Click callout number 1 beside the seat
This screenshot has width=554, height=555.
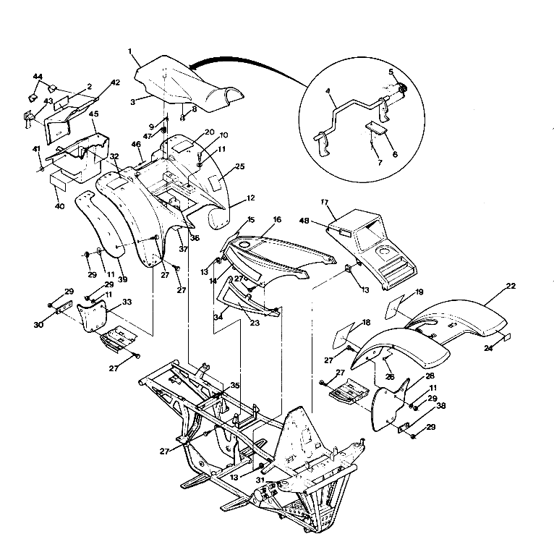[129, 51]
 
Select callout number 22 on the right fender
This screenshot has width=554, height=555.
[511, 287]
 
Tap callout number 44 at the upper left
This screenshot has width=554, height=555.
[38, 77]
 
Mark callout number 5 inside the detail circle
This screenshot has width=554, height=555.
[391, 72]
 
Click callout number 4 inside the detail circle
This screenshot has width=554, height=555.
[328, 93]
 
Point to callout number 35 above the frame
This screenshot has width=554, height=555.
[234, 386]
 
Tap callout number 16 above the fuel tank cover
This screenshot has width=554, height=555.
[277, 219]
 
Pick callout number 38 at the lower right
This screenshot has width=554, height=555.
[441, 407]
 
